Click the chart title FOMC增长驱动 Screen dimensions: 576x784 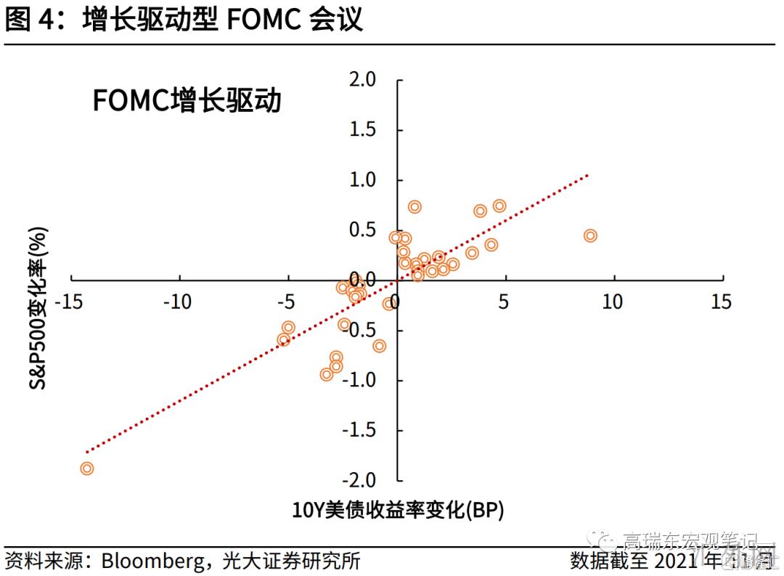tap(187, 101)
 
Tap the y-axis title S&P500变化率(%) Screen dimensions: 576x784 tap(39, 308)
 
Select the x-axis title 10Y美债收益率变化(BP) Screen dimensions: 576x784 tap(398, 509)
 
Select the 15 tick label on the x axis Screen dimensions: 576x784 tap(721, 301)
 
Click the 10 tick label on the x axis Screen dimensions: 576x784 tap(612, 301)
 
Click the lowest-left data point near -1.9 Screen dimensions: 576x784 tap(87, 468)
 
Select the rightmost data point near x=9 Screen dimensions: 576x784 tap(590, 235)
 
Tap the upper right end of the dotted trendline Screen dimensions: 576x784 tap(587, 175)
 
